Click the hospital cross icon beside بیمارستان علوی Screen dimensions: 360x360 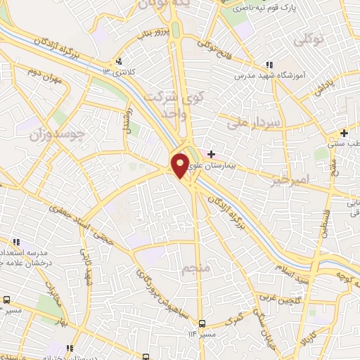[x=212, y=153]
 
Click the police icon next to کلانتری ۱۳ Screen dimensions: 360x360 [x=120, y=61]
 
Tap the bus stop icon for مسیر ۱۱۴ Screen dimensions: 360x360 [x=202, y=323]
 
